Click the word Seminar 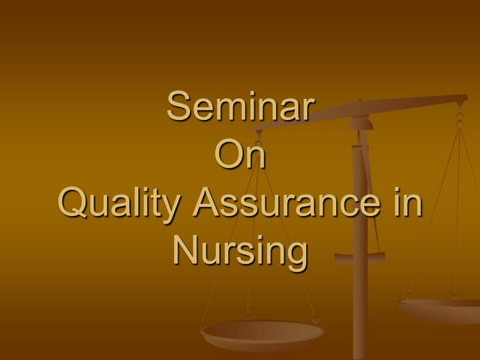(x=240, y=106)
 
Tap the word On (x=240, y=156)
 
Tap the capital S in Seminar (x=178, y=106)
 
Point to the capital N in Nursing (x=184, y=250)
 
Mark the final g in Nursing (x=297, y=256)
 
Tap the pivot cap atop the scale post (x=360, y=121)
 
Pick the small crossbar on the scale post (x=360, y=258)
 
